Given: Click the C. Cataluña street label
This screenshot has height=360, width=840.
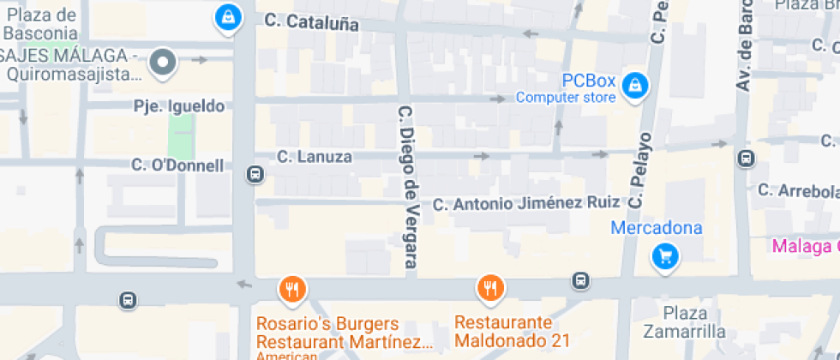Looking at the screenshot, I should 311,23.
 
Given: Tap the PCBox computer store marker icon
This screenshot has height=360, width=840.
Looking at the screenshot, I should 635,86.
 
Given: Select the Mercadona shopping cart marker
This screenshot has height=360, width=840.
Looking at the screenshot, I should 665,255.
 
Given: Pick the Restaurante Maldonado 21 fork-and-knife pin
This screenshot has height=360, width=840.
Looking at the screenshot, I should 490,289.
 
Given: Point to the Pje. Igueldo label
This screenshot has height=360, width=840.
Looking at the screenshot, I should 179,106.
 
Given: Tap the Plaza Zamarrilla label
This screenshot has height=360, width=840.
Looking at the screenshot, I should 685,322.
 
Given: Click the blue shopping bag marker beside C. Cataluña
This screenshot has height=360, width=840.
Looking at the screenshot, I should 227,16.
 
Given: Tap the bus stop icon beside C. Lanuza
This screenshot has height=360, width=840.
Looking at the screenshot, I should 255,175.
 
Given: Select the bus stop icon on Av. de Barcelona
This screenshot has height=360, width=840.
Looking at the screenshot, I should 746,159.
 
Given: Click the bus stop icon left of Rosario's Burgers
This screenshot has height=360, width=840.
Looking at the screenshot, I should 128,300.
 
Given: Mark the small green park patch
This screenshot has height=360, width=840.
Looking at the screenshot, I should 180,134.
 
